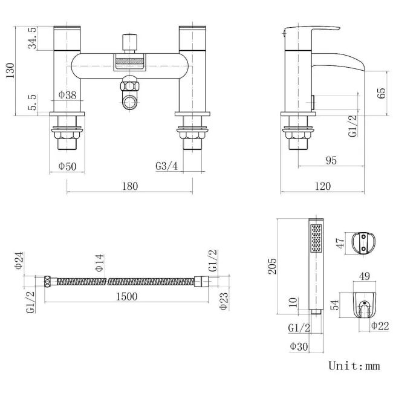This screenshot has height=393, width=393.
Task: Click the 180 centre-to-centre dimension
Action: tap(130, 186)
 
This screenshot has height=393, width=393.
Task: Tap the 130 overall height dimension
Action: tap(10, 71)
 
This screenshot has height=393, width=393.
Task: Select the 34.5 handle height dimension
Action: tap(33, 38)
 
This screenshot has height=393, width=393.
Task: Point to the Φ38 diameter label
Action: tap(68, 95)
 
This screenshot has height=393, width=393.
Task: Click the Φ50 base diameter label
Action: tap(68, 166)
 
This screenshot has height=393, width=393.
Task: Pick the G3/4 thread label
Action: tap(167, 166)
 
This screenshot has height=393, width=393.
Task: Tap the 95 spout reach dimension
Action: tap(331, 160)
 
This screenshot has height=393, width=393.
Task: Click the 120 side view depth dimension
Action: tap(323, 186)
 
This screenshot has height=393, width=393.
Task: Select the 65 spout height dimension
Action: tap(382, 93)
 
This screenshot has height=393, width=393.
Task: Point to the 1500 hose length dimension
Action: tap(126, 296)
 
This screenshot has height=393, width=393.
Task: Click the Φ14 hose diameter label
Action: tap(100, 262)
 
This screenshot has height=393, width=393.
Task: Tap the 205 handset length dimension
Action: tap(272, 266)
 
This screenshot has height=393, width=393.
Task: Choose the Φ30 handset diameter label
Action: tap(299, 346)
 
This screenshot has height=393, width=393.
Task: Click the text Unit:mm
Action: tap(354, 366)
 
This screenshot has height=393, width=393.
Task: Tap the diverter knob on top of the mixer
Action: tap(129, 42)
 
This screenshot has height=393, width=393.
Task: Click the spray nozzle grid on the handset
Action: tap(316, 238)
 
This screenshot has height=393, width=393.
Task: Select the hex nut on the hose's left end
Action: tap(47, 282)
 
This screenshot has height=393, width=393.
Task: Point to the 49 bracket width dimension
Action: tap(365, 276)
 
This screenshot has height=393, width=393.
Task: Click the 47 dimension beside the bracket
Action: tap(340, 243)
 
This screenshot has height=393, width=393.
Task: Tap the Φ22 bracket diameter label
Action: tap(380, 326)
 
